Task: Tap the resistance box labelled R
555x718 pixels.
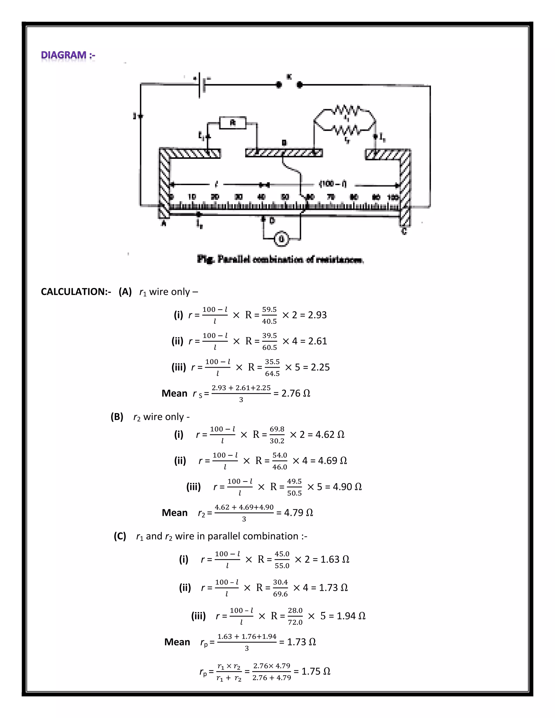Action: point(233,123)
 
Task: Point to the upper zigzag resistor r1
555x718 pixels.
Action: point(345,110)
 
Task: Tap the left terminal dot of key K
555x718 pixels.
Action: point(279,85)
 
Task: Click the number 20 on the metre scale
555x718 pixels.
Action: point(215,197)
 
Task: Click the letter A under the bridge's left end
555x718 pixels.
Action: point(164,224)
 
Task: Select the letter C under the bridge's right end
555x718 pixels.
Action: point(404,231)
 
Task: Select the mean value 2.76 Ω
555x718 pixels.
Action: point(296,393)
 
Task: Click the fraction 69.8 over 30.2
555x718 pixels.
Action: point(277,435)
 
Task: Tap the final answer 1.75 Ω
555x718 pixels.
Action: point(316,671)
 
